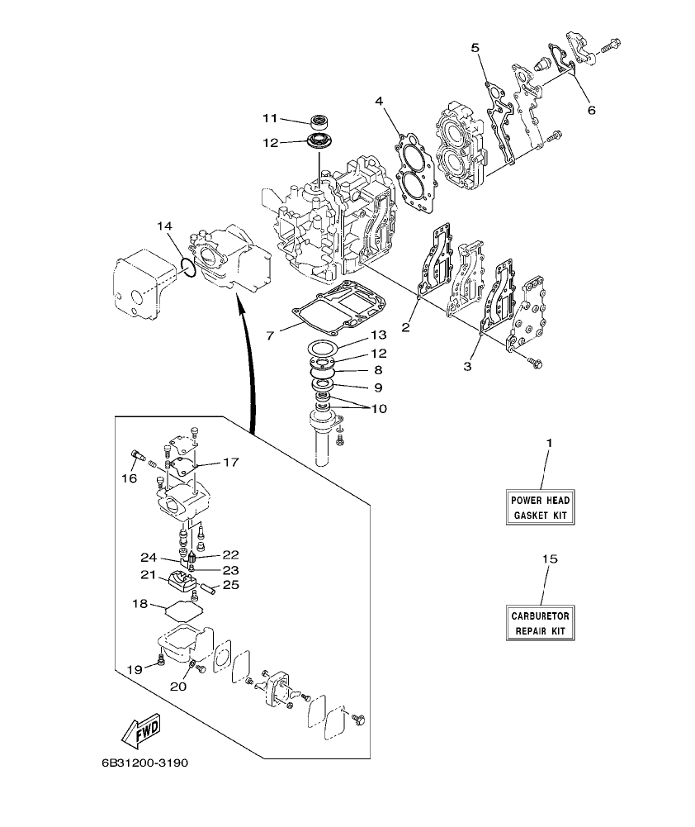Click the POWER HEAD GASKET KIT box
point(540,507)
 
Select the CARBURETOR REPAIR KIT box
point(540,623)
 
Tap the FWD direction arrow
point(141,730)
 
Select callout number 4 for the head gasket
point(379,102)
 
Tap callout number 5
point(475,48)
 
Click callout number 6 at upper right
point(591,109)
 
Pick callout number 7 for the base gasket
point(269,336)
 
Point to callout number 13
point(378,335)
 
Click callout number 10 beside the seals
point(378,408)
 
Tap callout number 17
point(229,462)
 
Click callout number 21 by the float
point(148,574)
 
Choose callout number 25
point(231,585)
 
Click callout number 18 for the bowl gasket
point(141,604)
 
